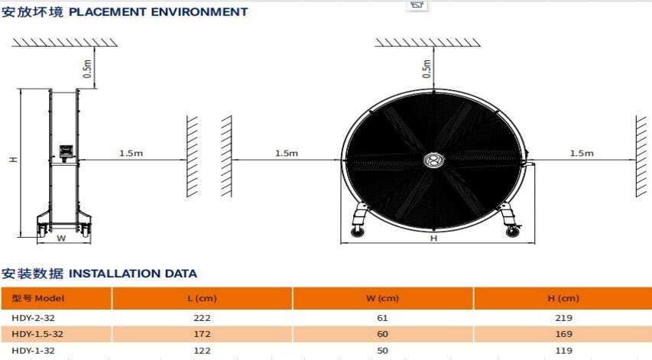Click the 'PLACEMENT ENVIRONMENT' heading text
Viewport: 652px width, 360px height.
point(158,12)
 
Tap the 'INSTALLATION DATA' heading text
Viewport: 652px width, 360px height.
point(133,274)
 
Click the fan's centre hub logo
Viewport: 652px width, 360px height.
point(433,160)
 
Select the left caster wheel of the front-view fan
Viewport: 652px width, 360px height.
point(357,232)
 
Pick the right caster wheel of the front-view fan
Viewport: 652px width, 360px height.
point(512,231)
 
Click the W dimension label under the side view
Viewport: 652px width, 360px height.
point(61,238)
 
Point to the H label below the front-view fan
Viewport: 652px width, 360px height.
point(433,238)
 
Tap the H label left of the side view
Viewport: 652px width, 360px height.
point(14,160)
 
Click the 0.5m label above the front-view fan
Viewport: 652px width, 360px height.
point(427,69)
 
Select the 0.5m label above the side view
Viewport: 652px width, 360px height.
point(87,69)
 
